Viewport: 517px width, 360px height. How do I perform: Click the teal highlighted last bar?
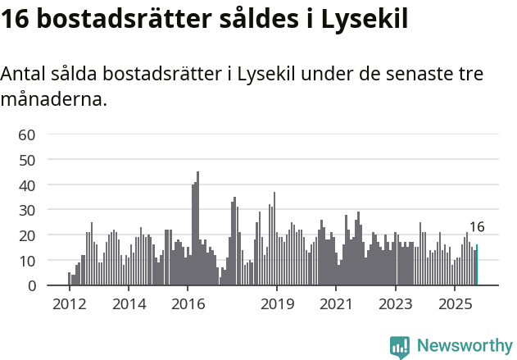pyautogui.click(x=477, y=266)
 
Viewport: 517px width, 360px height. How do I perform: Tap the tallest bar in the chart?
pyautogui.click(x=197, y=230)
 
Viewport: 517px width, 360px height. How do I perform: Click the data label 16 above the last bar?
pyautogui.click(x=477, y=227)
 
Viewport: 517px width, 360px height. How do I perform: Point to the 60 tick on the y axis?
pyautogui.click(x=27, y=134)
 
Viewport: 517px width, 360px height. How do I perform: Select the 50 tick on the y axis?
pyautogui.click(x=27, y=160)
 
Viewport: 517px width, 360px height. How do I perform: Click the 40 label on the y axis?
pyautogui.click(x=27, y=185)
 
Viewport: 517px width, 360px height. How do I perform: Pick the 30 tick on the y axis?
pyautogui.click(x=27, y=211)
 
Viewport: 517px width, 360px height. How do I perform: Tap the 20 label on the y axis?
pyautogui.click(x=27, y=236)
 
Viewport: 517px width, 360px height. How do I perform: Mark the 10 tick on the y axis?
pyautogui.click(x=27, y=261)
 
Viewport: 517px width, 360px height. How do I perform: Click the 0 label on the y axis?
pyautogui.click(x=31, y=286)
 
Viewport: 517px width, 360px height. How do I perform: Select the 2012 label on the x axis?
pyautogui.click(x=69, y=305)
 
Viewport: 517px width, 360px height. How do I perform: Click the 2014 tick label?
pyautogui.click(x=129, y=305)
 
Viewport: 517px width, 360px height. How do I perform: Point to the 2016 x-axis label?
pyautogui.click(x=188, y=305)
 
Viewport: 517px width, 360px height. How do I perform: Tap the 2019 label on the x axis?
pyautogui.click(x=277, y=305)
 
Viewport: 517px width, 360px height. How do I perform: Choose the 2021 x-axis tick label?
pyautogui.click(x=337, y=305)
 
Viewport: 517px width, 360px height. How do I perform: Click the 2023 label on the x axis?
pyautogui.click(x=396, y=305)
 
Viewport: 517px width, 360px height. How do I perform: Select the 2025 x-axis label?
pyautogui.click(x=456, y=305)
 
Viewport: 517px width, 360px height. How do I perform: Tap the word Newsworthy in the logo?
pyautogui.click(x=464, y=346)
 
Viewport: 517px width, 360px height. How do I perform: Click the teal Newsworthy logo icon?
pyautogui.click(x=400, y=347)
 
